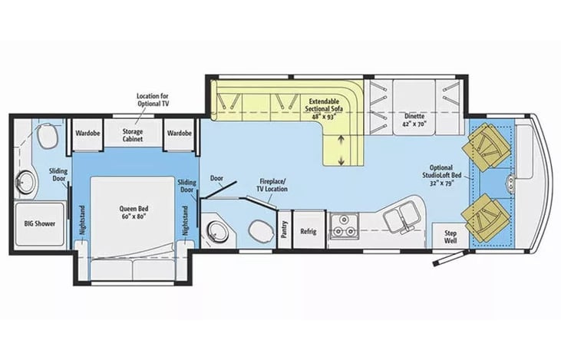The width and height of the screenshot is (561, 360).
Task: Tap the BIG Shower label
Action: (x=40, y=223)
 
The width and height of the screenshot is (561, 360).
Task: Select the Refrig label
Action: (x=309, y=231)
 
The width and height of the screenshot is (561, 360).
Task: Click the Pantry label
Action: (x=285, y=230)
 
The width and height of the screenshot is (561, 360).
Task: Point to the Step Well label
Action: (x=450, y=236)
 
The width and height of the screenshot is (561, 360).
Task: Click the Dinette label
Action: (x=414, y=120)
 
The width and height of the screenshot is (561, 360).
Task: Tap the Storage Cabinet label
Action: (x=133, y=135)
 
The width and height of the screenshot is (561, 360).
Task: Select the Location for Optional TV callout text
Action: (x=153, y=100)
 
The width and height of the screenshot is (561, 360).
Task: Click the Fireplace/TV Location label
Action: (x=272, y=185)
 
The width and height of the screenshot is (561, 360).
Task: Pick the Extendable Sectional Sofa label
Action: (x=324, y=109)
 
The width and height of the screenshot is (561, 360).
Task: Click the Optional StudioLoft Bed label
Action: (x=441, y=175)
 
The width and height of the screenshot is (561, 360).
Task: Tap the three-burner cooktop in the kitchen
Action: (x=344, y=226)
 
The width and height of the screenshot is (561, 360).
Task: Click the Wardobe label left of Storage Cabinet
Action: (x=87, y=133)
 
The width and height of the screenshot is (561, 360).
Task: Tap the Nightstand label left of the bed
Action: (x=82, y=220)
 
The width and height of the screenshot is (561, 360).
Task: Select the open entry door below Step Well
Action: (x=450, y=258)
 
